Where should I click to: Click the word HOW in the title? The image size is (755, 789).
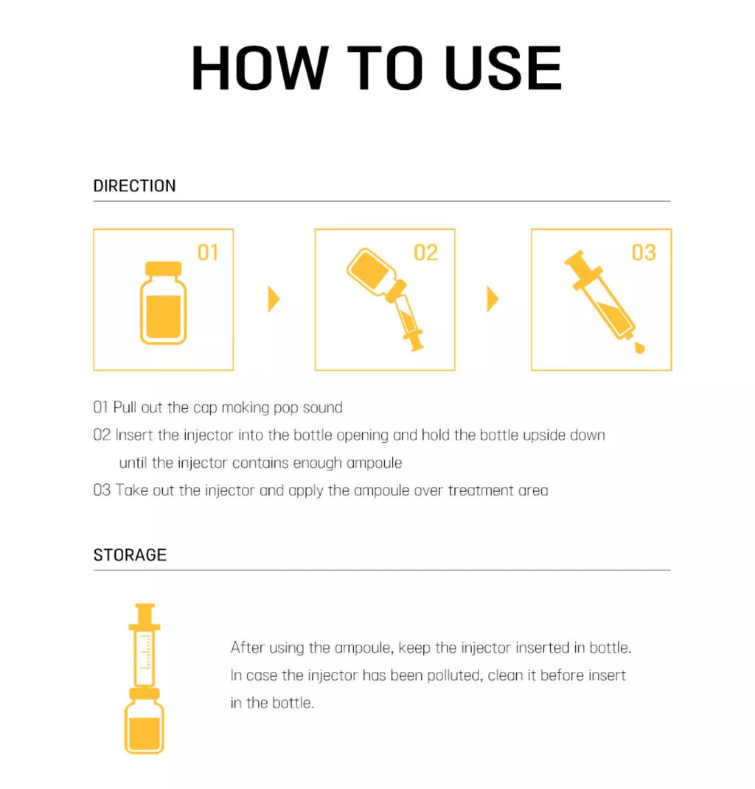pyautogui.click(x=260, y=68)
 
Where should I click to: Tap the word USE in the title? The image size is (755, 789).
pyautogui.click(x=503, y=68)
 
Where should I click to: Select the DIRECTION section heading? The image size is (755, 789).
pyautogui.click(x=134, y=186)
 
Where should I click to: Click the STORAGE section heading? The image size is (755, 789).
pyautogui.click(x=130, y=555)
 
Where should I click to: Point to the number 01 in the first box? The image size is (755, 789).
pyautogui.click(x=208, y=253)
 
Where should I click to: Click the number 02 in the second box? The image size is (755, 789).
pyautogui.click(x=426, y=253)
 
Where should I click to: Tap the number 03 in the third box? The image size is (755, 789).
pyautogui.click(x=644, y=253)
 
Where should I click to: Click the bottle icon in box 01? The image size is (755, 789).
pyautogui.click(x=163, y=303)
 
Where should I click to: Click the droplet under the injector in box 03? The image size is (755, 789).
pyautogui.click(x=639, y=347)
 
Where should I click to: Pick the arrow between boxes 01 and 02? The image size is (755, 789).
pyautogui.click(x=274, y=299)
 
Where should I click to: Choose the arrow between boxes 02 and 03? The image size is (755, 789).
pyautogui.click(x=493, y=299)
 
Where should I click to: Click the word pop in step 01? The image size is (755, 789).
pyautogui.click(x=285, y=408)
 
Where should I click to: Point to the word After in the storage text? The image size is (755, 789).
pyautogui.click(x=247, y=648)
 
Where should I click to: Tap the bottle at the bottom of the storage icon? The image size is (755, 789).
pyautogui.click(x=144, y=721)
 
